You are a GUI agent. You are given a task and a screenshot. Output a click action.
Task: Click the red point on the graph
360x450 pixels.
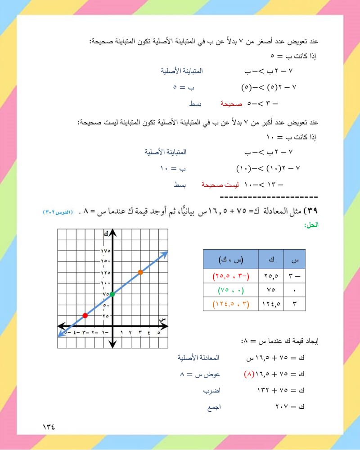85,315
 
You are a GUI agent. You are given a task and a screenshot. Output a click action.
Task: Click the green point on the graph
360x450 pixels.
112,294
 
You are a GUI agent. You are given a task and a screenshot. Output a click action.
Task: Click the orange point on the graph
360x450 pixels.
140,272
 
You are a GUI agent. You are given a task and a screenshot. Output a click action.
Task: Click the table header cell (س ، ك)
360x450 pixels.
230,260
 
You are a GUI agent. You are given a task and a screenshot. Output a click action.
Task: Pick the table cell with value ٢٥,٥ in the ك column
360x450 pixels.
272,274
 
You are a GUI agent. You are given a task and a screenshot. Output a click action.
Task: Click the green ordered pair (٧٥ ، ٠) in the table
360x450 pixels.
230,289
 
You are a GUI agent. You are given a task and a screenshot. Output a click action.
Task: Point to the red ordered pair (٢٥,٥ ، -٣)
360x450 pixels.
230,274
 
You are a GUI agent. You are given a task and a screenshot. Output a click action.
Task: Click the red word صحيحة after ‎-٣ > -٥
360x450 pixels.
231,103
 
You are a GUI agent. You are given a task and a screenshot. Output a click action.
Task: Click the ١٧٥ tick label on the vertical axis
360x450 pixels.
106,250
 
